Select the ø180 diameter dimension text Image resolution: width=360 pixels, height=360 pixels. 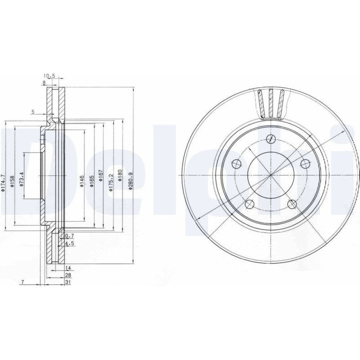[120, 175]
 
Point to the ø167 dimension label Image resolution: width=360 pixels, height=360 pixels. [100, 176]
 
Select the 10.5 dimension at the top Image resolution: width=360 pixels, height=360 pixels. [49, 76]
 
